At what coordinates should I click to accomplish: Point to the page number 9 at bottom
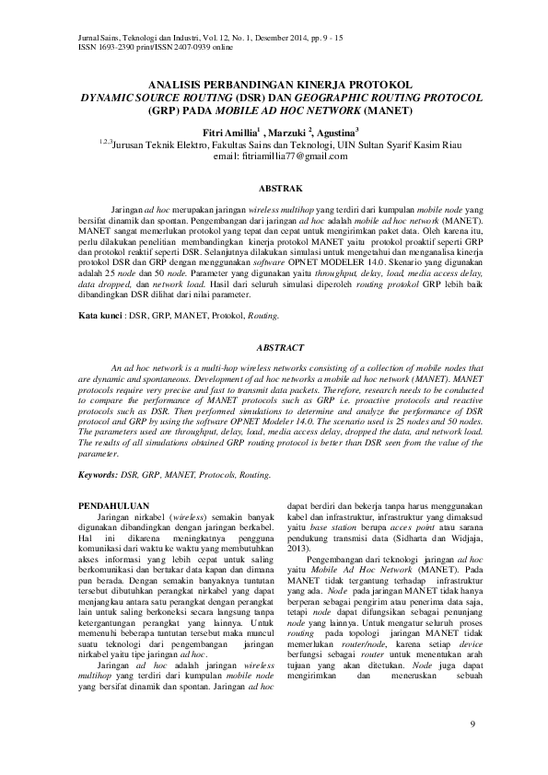(472, 727)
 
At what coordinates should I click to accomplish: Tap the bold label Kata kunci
(99, 315)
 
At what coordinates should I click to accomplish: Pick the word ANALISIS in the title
(181, 83)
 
